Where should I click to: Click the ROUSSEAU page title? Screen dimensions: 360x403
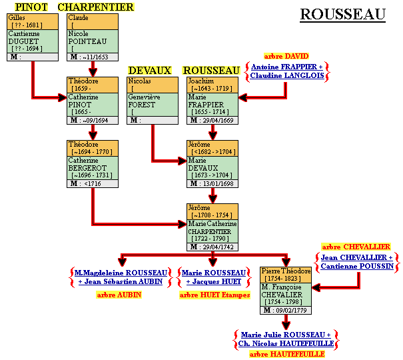[342, 14]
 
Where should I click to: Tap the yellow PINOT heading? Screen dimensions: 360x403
[31, 7]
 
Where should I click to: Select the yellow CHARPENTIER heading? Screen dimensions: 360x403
[95, 7]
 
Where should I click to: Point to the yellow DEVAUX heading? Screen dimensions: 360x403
[150, 70]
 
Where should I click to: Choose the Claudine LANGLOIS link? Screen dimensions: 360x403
[286, 76]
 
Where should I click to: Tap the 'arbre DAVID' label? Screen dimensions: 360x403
[286, 56]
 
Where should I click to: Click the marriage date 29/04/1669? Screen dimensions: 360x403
[220, 120]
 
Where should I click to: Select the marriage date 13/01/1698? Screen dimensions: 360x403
[220, 183]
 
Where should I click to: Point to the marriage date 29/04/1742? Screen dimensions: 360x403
[220, 247]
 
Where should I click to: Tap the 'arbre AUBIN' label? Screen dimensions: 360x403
[119, 294]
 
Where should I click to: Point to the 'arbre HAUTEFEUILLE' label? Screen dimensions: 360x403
[287, 354]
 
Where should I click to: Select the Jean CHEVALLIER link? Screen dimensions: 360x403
[356, 257]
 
